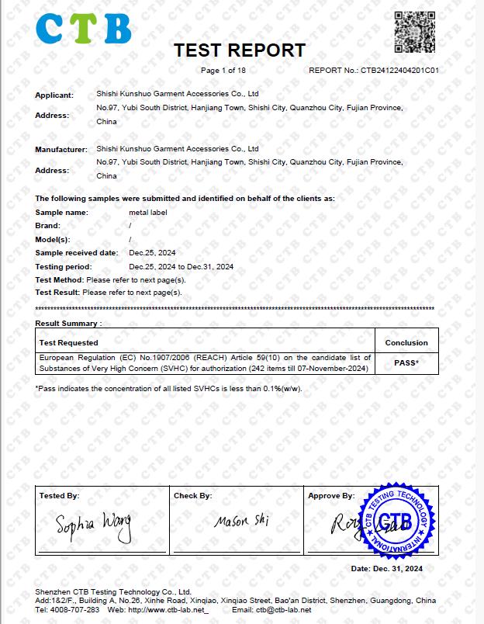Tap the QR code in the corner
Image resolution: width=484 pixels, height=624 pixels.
414,30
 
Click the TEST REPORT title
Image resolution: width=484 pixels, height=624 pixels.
240,51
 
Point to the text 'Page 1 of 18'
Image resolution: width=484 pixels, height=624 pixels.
223,71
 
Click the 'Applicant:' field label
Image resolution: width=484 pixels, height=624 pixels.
54,95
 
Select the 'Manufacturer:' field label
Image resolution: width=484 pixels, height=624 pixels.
60,149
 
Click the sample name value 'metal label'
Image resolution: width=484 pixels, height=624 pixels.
147,212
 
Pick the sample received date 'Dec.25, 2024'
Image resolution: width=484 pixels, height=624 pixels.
153,253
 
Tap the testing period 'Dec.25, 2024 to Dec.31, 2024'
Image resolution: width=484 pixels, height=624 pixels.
181,266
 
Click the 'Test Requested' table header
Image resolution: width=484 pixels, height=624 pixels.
68,342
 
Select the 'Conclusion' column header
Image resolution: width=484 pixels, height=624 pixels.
406,342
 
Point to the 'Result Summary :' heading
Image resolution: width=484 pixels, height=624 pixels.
68,323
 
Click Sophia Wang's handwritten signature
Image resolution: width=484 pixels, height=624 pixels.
94,526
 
